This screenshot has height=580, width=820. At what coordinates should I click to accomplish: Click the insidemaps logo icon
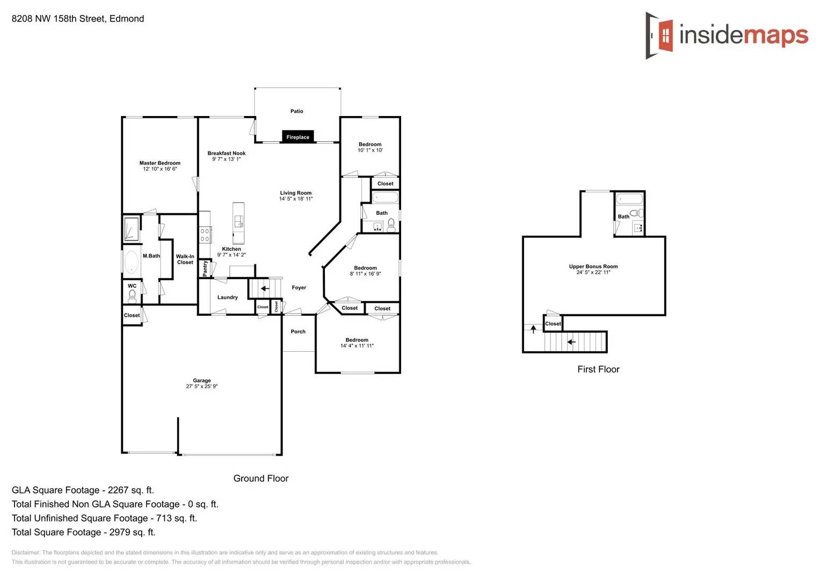point(659,35)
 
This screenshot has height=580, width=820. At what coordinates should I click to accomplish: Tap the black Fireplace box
point(297,137)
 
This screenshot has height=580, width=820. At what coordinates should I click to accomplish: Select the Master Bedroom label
point(159,163)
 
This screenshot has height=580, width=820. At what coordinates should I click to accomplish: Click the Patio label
point(296,111)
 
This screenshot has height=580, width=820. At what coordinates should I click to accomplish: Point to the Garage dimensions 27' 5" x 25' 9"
point(201,387)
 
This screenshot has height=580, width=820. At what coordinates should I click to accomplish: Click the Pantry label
point(205,268)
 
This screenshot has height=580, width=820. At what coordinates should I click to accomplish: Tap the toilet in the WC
point(132,295)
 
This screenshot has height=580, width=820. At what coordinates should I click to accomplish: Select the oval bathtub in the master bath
point(131,262)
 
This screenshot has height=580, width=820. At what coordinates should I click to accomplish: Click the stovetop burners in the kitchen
point(205,235)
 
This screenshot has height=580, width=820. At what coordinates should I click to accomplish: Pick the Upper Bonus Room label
point(593,266)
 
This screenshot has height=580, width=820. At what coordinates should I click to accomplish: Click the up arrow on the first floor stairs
point(533,329)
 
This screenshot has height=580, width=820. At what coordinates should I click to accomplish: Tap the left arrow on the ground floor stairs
point(265,288)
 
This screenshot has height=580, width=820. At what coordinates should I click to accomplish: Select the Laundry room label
point(227,297)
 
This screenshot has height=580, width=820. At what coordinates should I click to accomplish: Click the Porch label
point(298,331)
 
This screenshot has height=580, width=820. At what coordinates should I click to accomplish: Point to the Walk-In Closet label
point(185,259)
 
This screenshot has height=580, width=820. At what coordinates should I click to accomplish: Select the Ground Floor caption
point(260,479)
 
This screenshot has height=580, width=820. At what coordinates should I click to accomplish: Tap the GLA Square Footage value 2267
point(118,490)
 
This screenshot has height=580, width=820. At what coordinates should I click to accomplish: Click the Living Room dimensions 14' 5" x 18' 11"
point(295,199)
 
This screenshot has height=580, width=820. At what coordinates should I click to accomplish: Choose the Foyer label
point(299,287)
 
